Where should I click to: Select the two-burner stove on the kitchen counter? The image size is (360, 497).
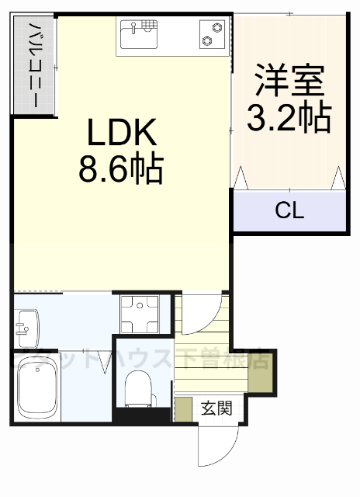tap(211, 35)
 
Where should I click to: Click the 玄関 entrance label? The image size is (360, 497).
tap(216, 408)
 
